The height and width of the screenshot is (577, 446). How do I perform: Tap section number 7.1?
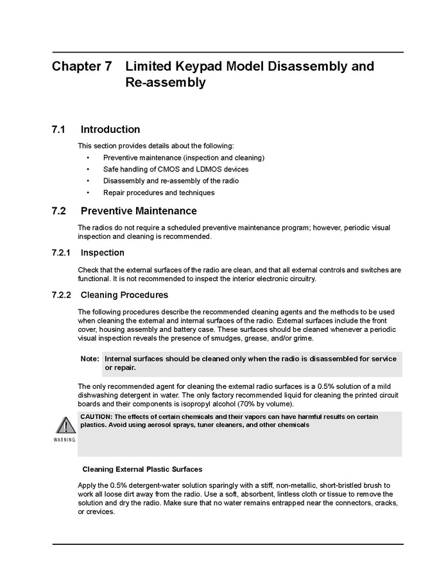click(x=58, y=130)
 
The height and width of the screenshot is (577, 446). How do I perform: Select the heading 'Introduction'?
click(x=110, y=130)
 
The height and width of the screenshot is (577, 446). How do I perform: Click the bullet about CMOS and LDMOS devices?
click(x=175, y=169)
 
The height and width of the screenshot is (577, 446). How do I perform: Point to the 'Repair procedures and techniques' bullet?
click(x=159, y=193)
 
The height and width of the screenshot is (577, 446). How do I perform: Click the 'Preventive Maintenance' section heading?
click(x=139, y=211)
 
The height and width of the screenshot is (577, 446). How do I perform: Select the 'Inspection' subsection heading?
click(x=103, y=253)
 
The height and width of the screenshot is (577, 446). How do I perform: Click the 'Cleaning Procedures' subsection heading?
click(x=124, y=295)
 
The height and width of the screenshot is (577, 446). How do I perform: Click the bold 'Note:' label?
click(x=90, y=359)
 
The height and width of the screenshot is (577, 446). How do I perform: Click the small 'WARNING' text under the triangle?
click(x=65, y=440)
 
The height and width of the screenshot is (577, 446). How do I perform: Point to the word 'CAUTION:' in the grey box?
click(x=96, y=417)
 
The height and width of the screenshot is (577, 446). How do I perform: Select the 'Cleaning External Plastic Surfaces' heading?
click(x=142, y=469)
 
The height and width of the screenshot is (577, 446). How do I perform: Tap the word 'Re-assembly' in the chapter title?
click(x=166, y=83)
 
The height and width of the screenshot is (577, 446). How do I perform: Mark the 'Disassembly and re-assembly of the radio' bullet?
click(x=171, y=181)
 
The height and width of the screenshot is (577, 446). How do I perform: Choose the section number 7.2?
click(x=58, y=211)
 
